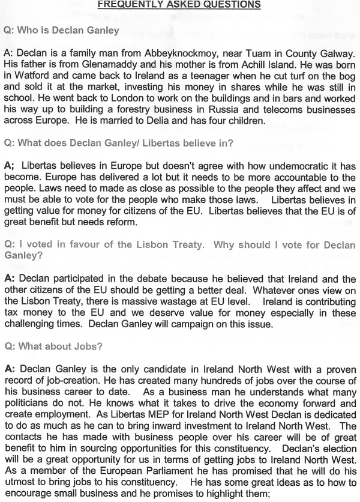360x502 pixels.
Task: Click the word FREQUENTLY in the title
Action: point(125,5)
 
